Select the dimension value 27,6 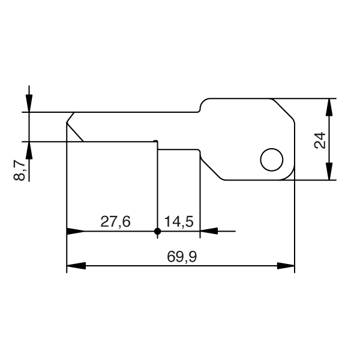click(115, 222)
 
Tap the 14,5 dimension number click(178, 222)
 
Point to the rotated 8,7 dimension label click(20, 170)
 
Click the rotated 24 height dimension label click(320, 140)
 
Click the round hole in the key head click(271, 160)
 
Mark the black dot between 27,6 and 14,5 click(157, 231)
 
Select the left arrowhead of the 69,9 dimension click(75, 265)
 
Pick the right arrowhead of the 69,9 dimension click(286, 265)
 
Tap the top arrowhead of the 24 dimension click(329, 106)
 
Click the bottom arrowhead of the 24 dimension click(329, 172)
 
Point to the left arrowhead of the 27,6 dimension click(75, 231)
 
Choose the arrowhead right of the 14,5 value click(208, 231)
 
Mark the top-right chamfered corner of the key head click(284, 112)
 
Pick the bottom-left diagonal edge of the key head click(211, 166)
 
